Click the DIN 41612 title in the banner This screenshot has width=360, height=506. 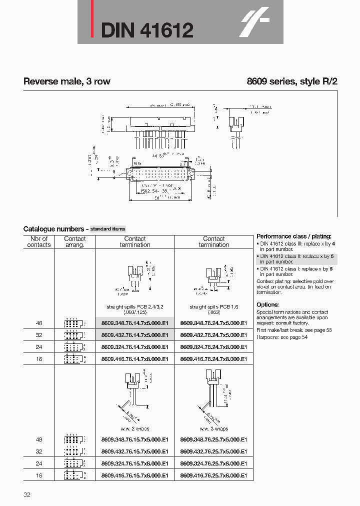(147, 30)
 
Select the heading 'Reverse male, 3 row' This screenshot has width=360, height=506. (66, 81)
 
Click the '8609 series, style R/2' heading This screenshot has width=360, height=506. (292, 81)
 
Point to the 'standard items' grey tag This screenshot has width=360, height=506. (107, 229)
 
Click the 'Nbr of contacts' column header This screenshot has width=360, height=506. (38, 242)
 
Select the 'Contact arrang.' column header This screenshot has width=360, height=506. (75, 242)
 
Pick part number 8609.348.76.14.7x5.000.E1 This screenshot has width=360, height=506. (134, 323)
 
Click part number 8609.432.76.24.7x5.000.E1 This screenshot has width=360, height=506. (213, 335)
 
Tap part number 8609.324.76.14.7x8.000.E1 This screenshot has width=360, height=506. (134, 347)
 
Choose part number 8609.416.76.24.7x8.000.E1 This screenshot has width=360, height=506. (213, 359)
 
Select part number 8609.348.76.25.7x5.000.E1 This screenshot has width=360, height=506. (213, 439)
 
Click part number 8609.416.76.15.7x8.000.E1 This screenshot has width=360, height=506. (134, 475)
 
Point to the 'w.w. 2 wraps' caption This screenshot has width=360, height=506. (135, 429)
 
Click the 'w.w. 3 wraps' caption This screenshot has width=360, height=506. (213, 429)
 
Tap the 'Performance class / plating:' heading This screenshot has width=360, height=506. (293, 236)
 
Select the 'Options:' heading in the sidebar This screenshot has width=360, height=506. (267, 304)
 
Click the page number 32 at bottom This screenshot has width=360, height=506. (27, 495)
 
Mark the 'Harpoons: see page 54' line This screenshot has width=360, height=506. (282, 337)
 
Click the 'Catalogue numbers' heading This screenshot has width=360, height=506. (55, 229)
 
